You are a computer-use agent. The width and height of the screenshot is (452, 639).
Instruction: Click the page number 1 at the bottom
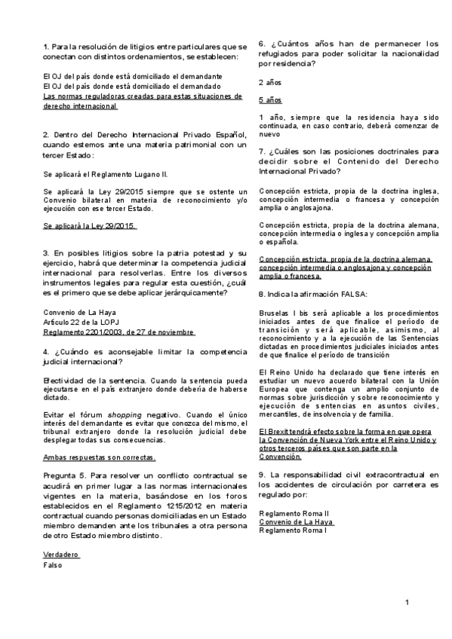coord(406,602)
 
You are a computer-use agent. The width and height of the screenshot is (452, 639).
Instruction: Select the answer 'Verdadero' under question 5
coord(61,554)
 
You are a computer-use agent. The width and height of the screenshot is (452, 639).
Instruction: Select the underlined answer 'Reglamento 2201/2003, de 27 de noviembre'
coord(119,332)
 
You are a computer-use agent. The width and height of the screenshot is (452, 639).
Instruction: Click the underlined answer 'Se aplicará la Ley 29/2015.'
coord(90,225)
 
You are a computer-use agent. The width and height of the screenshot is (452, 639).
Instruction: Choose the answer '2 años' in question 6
coord(270,81)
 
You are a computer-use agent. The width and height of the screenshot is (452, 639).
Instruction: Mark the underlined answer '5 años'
coord(270,99)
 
